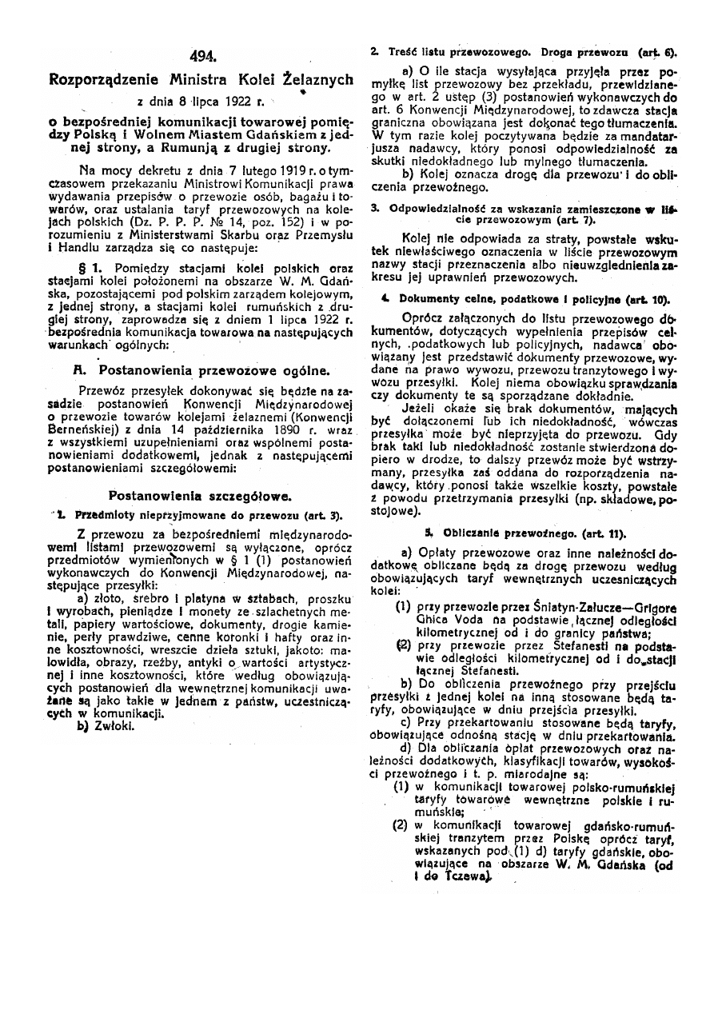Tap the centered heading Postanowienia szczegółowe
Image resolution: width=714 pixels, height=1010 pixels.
tap(200, 495)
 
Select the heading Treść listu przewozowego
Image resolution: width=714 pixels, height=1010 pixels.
tap(465, 51)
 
